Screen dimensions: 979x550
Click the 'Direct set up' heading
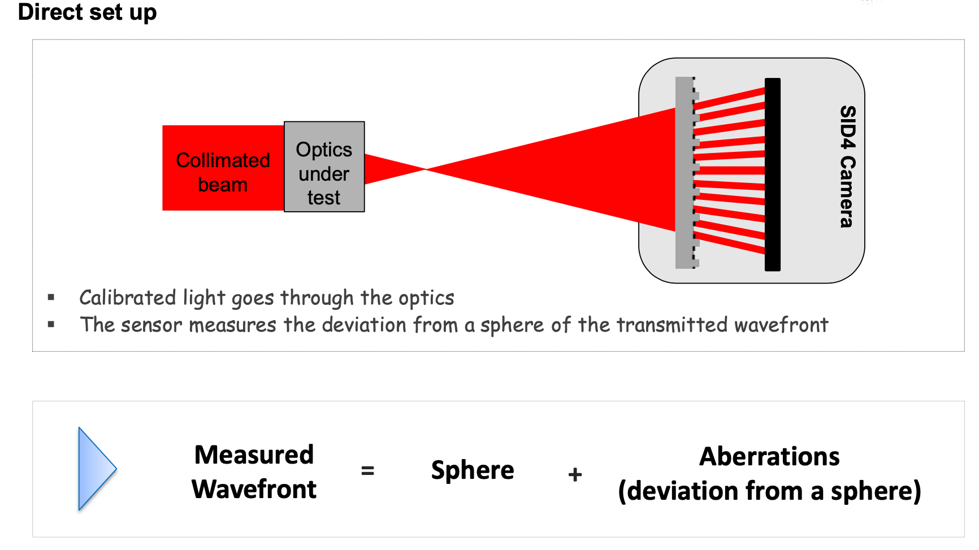click(x=87, y=12)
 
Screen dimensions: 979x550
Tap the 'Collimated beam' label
click(x=223, y=172)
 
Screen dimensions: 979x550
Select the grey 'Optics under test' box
click(x=324, y=167)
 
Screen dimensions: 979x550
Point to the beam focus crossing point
click(x=425, y=169)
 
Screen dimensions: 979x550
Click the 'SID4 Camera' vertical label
click(x=847, y=167)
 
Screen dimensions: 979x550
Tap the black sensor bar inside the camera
click(x=772, y=174)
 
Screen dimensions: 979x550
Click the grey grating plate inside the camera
click(x=685, y=172)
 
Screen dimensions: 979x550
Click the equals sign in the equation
click(x=367, y=470)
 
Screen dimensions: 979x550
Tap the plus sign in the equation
click(x=575, y=474)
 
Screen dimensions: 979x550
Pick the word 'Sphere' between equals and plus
click(x=473, y=470)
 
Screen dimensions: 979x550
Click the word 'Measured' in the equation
click(x=254, y=455)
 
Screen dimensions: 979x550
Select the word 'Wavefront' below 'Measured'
click(x=254, y=489)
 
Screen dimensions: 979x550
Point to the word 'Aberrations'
click(x=769, y=456)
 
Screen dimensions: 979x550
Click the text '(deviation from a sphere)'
click(x=769, y=491)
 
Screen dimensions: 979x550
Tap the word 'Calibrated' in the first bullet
click(x=128, y=298)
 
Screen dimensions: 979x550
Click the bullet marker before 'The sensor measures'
click(x=51, y=324)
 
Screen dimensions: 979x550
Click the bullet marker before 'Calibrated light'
click(x=51, y=297)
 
